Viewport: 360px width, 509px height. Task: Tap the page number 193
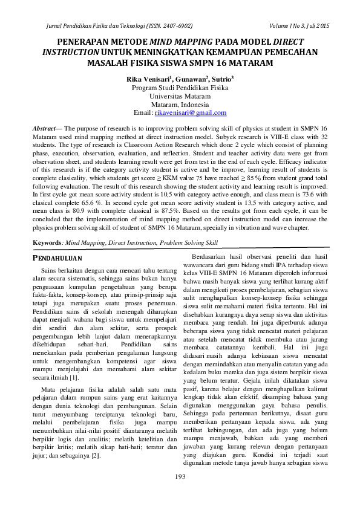tap(180, 478)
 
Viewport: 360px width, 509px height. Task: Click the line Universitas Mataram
tap(180, 96)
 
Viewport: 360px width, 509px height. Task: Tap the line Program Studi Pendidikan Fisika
tap(180, 88)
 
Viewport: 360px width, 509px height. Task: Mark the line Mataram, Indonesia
tap(180, 105)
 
